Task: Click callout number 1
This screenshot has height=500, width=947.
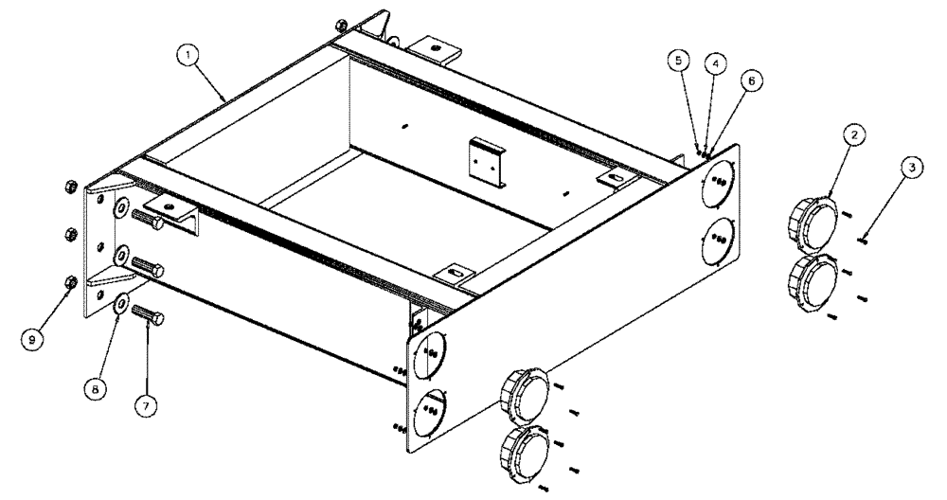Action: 193,56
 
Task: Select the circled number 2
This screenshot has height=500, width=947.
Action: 853,136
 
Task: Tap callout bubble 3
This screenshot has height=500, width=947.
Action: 910,168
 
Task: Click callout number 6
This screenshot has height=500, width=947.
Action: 751,81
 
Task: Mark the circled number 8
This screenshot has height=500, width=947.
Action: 94,386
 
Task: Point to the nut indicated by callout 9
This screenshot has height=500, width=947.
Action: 70,281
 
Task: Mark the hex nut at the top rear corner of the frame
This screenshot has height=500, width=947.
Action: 341,25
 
